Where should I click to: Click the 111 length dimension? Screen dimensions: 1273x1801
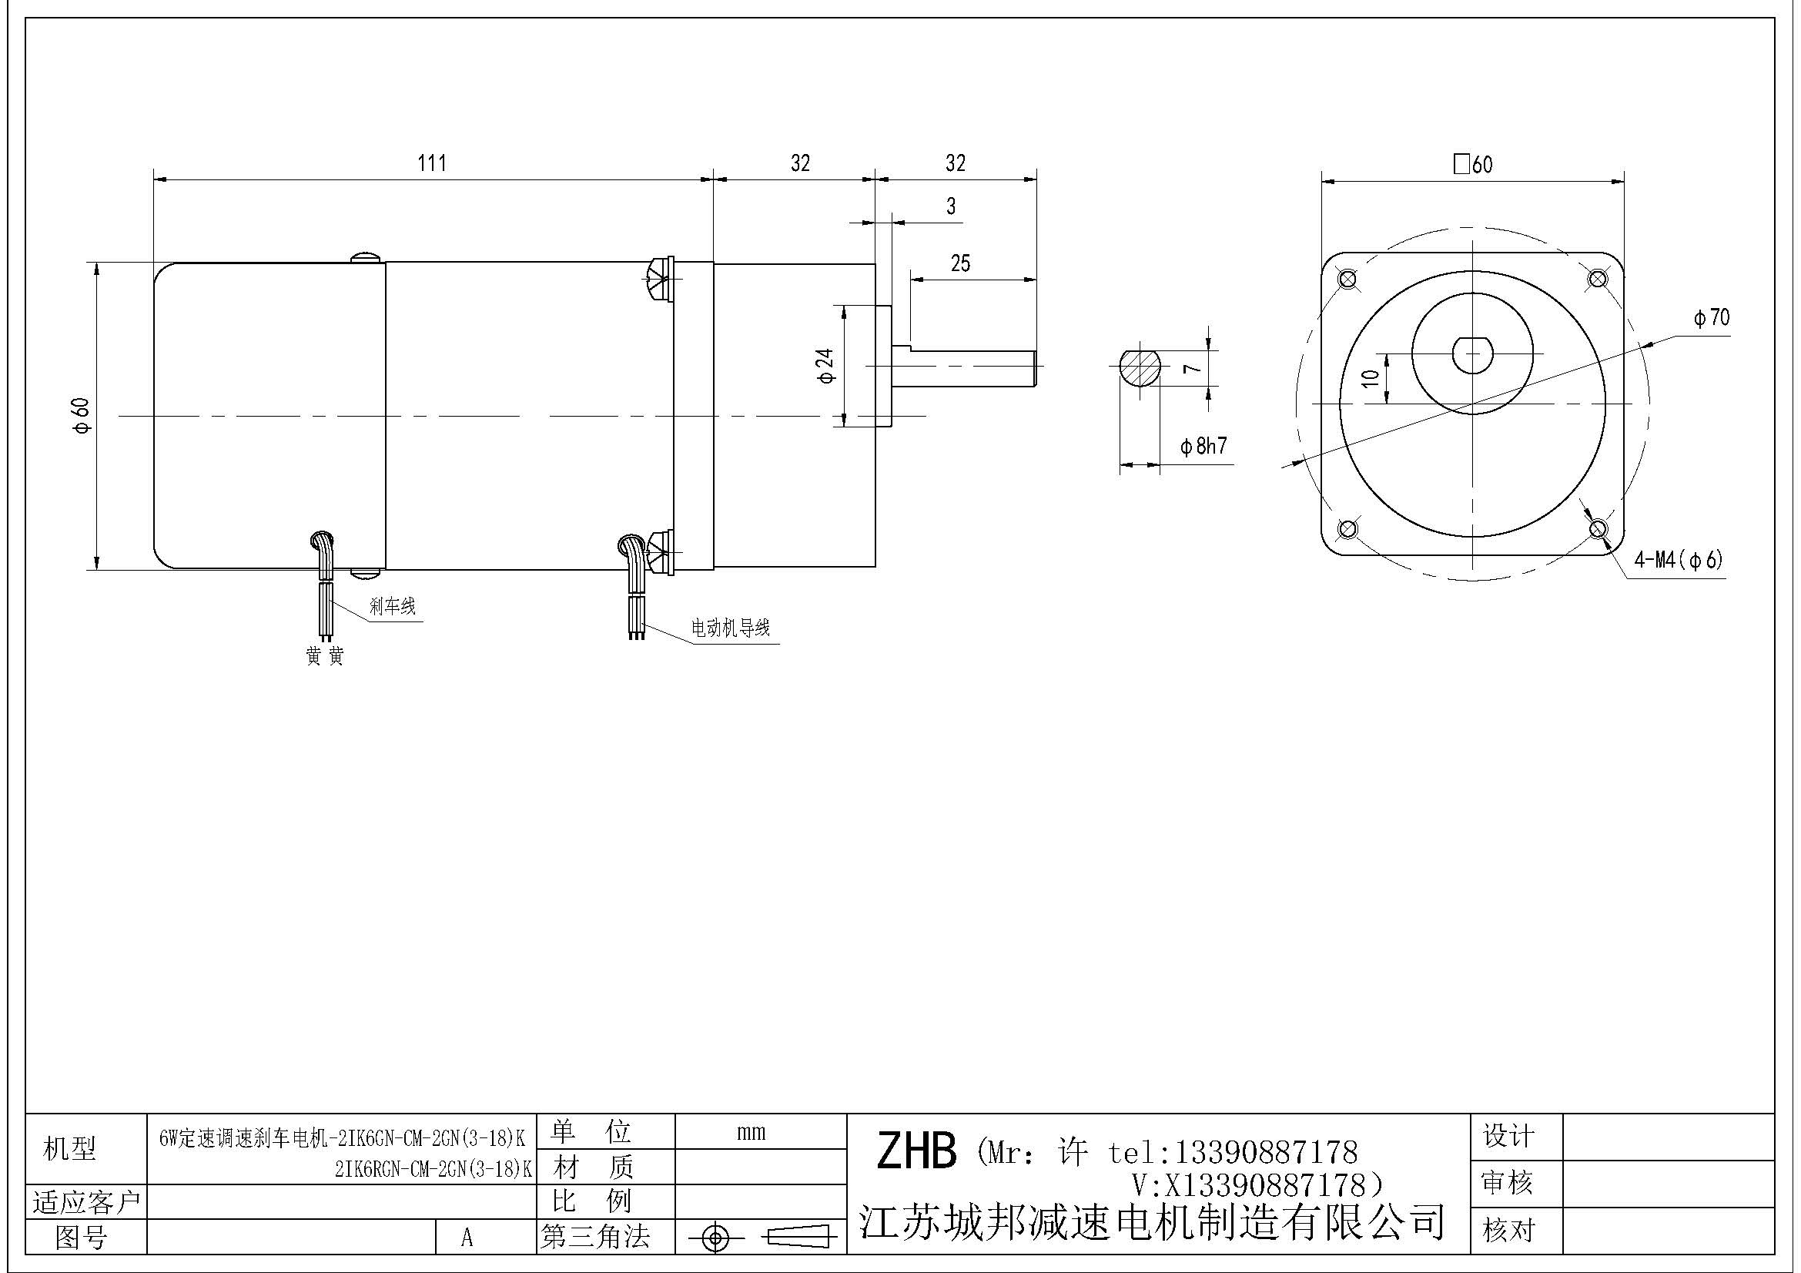(432, 163)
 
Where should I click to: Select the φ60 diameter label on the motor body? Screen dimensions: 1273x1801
(82, 415)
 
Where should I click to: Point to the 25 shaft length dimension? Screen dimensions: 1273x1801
(960, 263)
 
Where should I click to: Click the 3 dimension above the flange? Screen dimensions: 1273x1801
(951, 206)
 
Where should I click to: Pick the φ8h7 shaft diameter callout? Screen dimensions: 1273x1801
(1203, 447)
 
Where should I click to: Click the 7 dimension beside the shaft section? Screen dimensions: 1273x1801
(1191, 368)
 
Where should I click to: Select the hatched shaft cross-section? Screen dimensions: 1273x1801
(1139, 368)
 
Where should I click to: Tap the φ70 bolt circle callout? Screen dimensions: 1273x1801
(1711, 317)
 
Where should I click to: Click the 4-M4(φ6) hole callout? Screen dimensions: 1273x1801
(1678, 560)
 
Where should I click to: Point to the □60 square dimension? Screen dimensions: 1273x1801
(1472, 165)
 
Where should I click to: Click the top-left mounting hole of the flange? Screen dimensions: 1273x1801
(1347, 279)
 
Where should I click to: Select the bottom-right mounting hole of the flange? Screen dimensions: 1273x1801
(1598, 528)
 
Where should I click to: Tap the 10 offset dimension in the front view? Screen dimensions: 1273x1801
(1371, 378)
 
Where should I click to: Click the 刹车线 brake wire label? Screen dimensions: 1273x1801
(392, 606)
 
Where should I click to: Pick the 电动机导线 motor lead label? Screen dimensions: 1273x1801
(729, 628)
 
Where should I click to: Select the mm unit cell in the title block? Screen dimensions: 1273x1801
(751, 1132)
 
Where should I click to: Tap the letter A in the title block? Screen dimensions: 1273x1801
(467, 1238)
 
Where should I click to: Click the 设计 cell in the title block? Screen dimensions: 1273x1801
(1508, 1136)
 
